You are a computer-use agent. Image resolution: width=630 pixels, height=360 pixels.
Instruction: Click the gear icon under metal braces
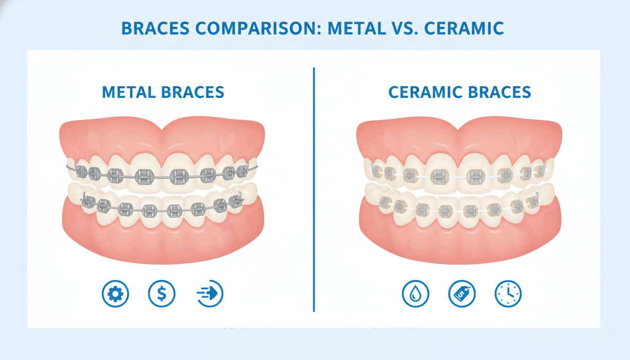point(115,294)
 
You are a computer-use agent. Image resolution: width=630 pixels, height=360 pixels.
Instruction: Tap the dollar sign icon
point(162,294)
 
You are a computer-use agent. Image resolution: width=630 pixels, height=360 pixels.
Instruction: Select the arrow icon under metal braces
point(210,294)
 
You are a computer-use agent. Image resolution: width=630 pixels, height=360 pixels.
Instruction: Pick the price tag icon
point(462,294)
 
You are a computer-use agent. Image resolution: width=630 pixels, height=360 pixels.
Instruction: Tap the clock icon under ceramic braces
point(508,294)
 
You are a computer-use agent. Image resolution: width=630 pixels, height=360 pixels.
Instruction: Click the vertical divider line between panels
point(314,187)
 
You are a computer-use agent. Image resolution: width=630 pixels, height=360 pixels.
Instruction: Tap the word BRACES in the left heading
point(193,92)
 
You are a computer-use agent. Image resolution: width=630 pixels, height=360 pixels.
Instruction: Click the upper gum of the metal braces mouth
point(162,136)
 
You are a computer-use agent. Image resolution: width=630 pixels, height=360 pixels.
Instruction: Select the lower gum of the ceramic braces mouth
point(459,239)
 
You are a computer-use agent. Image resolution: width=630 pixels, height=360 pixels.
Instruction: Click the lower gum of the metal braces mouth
point(162,239)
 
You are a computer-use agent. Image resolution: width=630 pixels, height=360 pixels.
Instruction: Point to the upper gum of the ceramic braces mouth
point(459,136)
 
